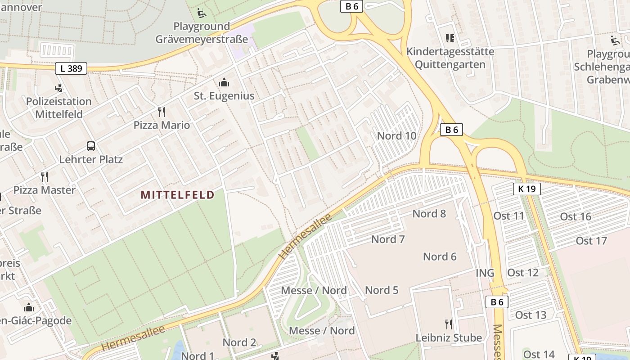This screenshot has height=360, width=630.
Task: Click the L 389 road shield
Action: click(x=71, y=68)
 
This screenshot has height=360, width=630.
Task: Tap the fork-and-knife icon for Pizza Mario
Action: click(x=162, y=112)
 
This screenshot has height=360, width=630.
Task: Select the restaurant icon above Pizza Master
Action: click(x=44, y=176)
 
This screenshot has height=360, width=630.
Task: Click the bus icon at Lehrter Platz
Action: click(x=91, y=146)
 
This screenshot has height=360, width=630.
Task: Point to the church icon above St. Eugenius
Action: click(x=224, y=82)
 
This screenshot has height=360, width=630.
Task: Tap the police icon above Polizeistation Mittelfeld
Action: click(x=58, y=88)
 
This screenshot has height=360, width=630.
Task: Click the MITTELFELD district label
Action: click(x=177, y=195)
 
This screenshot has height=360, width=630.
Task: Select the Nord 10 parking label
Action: click(x=396, y=136)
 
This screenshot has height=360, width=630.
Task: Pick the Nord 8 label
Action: click(x=429, y=214)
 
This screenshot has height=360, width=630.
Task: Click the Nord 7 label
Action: click(x=388, y=239)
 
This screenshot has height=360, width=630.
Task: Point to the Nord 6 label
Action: click(x=440, y=256)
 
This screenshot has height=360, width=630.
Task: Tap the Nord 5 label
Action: click(x=382, y=290)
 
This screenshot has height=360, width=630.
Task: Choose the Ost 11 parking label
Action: click(x=509, y=216)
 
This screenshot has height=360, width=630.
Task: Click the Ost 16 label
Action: click(x=576, y=217)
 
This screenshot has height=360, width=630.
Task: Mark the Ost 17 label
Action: click(x=591, y=241)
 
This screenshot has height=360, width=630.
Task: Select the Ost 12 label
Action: click(x=523, y=273)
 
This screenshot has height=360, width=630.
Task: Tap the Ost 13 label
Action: click(x=531, y=315)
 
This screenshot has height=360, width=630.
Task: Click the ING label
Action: click(x=485, y=273)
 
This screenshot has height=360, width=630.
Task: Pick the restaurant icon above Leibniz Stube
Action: click(x=449, y=324)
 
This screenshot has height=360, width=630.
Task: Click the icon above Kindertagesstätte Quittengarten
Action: click(x=450, y=38)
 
